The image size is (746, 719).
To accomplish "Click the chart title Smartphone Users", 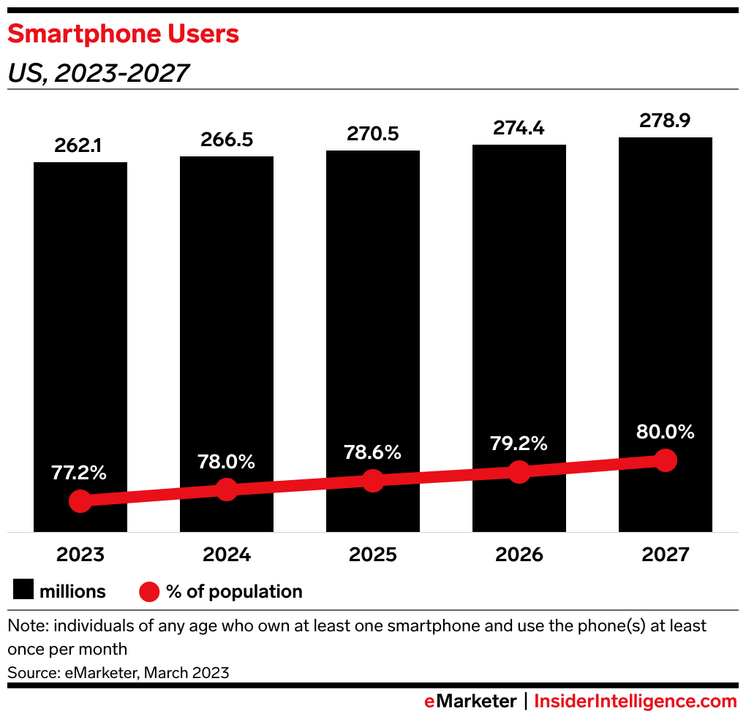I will (x=123, y=34).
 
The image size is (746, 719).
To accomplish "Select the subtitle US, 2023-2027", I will (x=98, y=73).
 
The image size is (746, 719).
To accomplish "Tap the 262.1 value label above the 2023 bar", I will (x=80, y=146).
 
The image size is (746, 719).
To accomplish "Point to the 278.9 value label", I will (x=665, y=121).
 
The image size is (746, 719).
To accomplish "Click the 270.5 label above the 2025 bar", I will (x=372, y=134).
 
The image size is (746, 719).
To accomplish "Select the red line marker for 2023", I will (x=80, y=501).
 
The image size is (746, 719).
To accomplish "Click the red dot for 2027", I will (x=665, y=460).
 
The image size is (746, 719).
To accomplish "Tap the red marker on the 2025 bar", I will (x=372, y=481).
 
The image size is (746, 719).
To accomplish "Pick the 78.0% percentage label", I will (x=226, y=462).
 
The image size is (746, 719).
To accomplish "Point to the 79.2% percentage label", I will (x=519, y=444).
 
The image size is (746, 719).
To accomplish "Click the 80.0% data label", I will (x=665, y=432).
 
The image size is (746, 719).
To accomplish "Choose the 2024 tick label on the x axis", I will (x=226, y=555).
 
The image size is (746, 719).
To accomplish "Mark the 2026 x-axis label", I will (x=519, y=555).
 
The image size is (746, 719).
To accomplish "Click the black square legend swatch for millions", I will (x=23, y=591).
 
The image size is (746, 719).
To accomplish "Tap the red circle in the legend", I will (x=148, y=591).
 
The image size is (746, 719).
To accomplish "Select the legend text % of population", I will (x=234, y=591).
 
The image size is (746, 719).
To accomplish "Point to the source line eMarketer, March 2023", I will (x=118, y=672).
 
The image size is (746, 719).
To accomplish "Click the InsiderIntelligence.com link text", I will (x=636, y=701).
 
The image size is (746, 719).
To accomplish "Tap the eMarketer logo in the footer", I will (x=470, y=701).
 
